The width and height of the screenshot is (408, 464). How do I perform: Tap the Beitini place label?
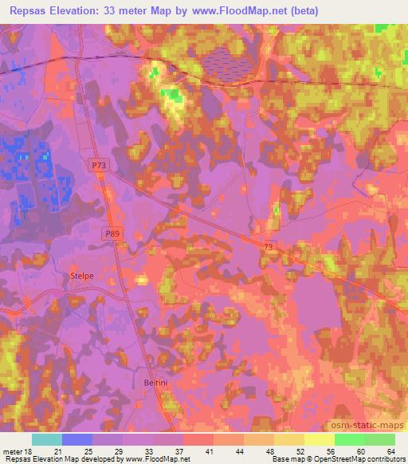pyautogui.click(x=155, y=383)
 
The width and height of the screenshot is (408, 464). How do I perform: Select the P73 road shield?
pyautogui.click(x=99, y=164)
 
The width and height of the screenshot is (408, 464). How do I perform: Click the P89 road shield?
pyautogui.click(x=112, y=234)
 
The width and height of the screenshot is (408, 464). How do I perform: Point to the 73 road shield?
pyautogui.click(x=269, y=249)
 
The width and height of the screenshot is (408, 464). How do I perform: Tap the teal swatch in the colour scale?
pyautogui.click(x=46, y=439)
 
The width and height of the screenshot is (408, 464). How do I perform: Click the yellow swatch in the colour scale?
pyautogui.click(x=319, y=439)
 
